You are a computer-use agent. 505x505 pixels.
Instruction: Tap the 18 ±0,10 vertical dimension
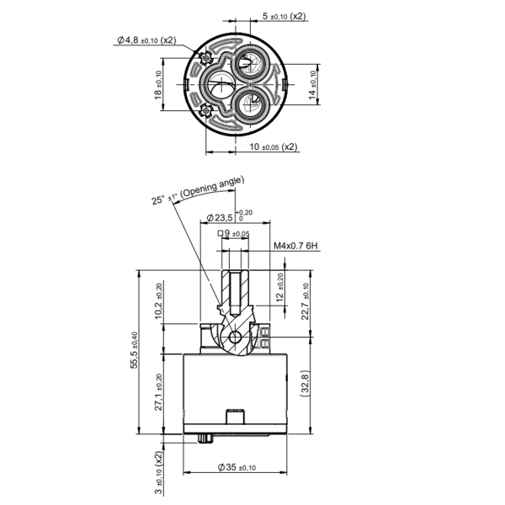pyautogui.click(x=159, y=85)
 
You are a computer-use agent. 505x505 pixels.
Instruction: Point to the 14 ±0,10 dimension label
pyautogui.click(x=313, y=85)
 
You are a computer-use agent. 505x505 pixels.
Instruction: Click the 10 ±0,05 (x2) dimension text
pyautogui.click(x=274, y=146)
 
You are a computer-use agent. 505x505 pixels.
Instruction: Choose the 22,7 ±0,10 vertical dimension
pyautogui.click(x=306, y=300)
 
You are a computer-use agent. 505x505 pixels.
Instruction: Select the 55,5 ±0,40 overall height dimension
pyautogui.click(x=135, y=351)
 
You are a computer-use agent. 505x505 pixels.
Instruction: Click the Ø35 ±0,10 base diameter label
pyautogui.click(x=237, y=467)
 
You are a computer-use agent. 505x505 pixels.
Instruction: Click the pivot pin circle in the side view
pyautogui.click(x=236, y=338)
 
